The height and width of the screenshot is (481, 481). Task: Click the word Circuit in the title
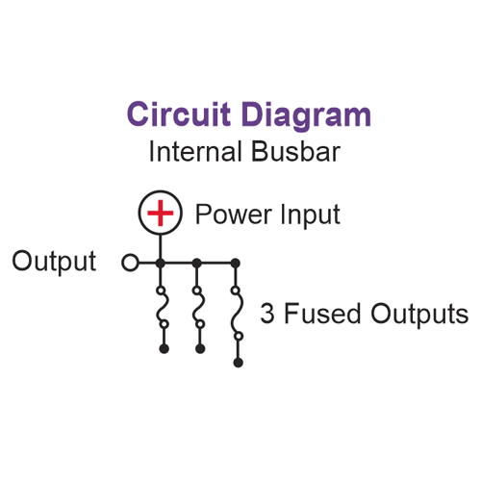179,114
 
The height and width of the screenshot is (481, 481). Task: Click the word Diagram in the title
307,116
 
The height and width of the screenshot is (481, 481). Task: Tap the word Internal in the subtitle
195,151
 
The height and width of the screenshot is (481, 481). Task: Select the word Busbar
295,151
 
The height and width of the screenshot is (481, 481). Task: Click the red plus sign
161,213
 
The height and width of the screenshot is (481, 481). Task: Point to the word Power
234,215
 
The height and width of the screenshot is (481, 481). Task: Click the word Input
310,215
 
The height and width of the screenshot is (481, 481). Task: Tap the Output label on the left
54,261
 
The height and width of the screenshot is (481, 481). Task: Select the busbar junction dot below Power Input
161,264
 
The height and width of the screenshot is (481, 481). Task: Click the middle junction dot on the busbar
197,264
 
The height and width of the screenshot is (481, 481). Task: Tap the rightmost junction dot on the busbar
236,264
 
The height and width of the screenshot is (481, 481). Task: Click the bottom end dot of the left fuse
165,349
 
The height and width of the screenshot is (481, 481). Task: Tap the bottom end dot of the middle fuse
200,349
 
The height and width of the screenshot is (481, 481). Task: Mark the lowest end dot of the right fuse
239,363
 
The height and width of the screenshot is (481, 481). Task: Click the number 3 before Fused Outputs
267,314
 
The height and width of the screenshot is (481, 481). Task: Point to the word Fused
322,314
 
